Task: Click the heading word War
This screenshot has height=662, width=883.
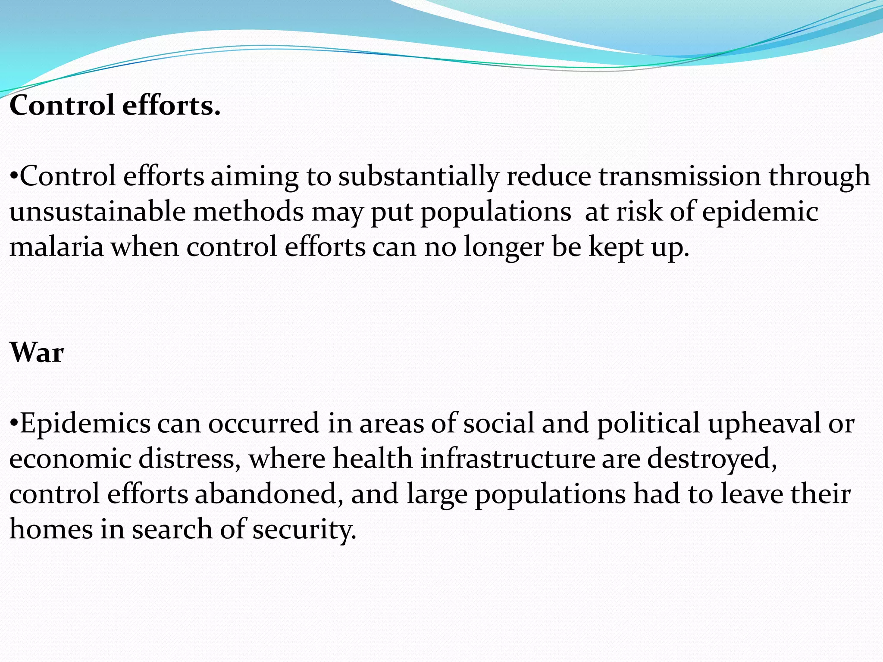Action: click(x=37, y=353)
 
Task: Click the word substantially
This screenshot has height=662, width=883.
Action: click(x=418, y=177)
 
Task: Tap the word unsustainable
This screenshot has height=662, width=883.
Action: click(x=97, y=212)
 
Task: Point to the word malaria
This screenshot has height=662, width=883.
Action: click(x=56, y=247)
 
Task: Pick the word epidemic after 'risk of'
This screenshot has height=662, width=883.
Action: click(x=760, y=212)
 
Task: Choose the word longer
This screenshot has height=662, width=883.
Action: click(x=504, y=248)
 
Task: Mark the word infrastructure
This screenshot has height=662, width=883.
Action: click(x=508, y=459)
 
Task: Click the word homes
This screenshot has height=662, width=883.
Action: click(x=51, y=529)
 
